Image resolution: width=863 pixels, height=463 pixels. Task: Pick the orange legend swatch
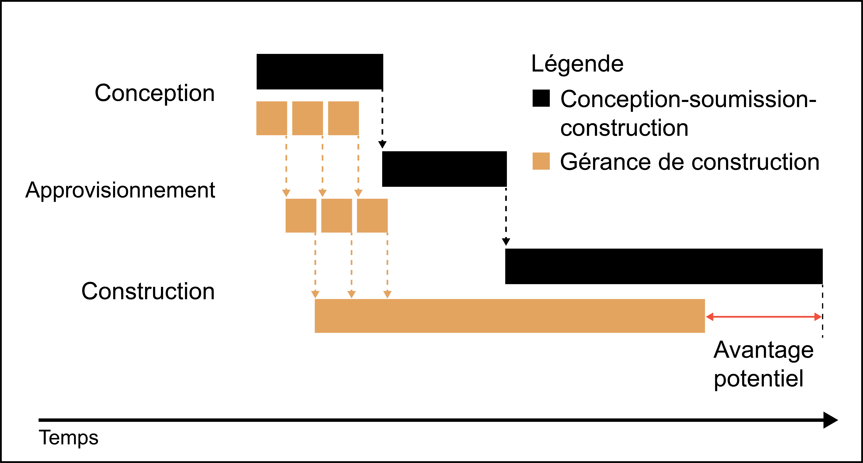541,161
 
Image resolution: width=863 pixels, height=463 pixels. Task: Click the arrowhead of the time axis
831,420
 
